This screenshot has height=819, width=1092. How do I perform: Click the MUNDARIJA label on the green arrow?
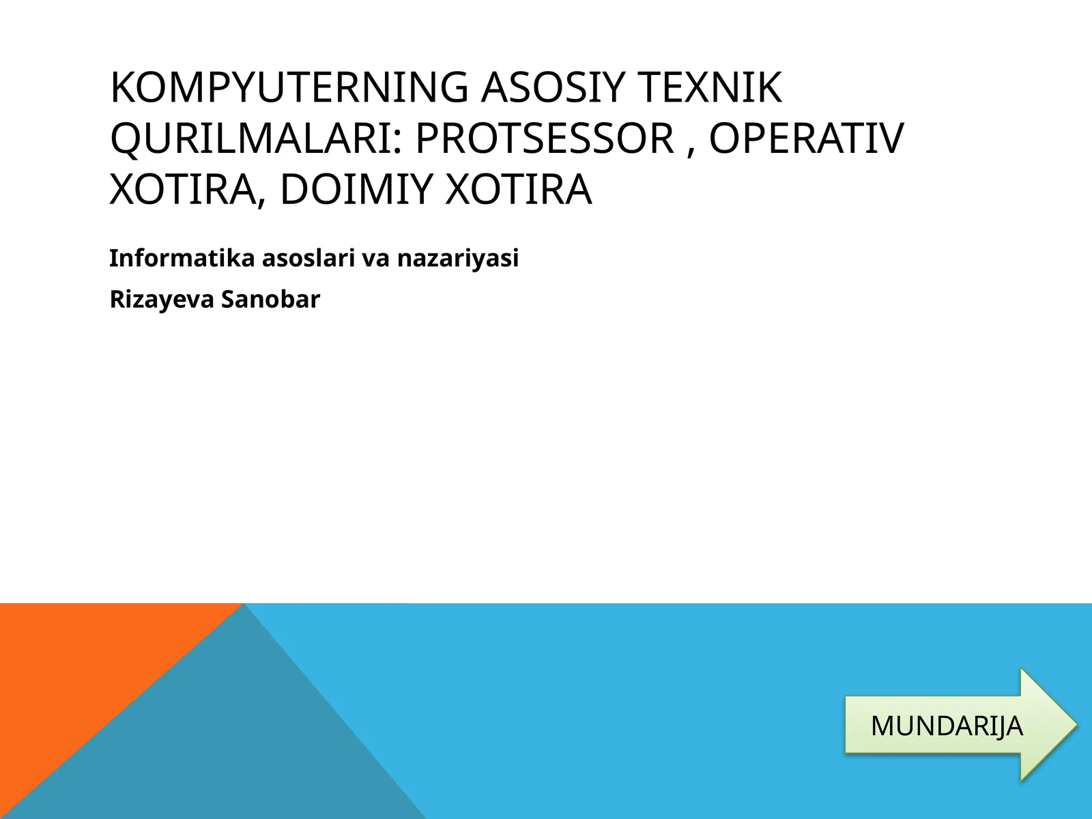point(947,725)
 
